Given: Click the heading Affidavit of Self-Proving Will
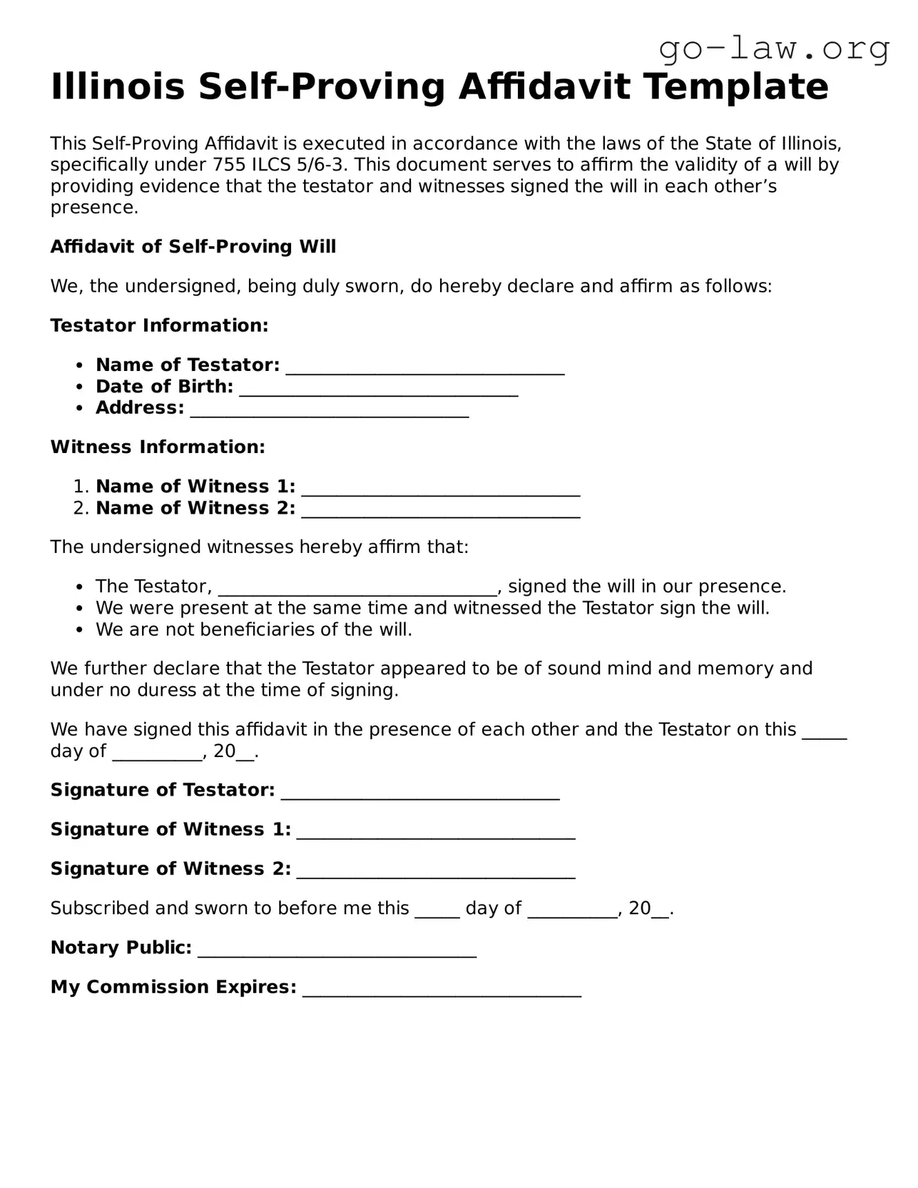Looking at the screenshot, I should coord(193,247).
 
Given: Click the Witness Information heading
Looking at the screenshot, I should coord(157,447).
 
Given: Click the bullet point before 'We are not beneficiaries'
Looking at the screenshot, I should coord(81,630).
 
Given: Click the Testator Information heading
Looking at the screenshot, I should coord(159,325).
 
